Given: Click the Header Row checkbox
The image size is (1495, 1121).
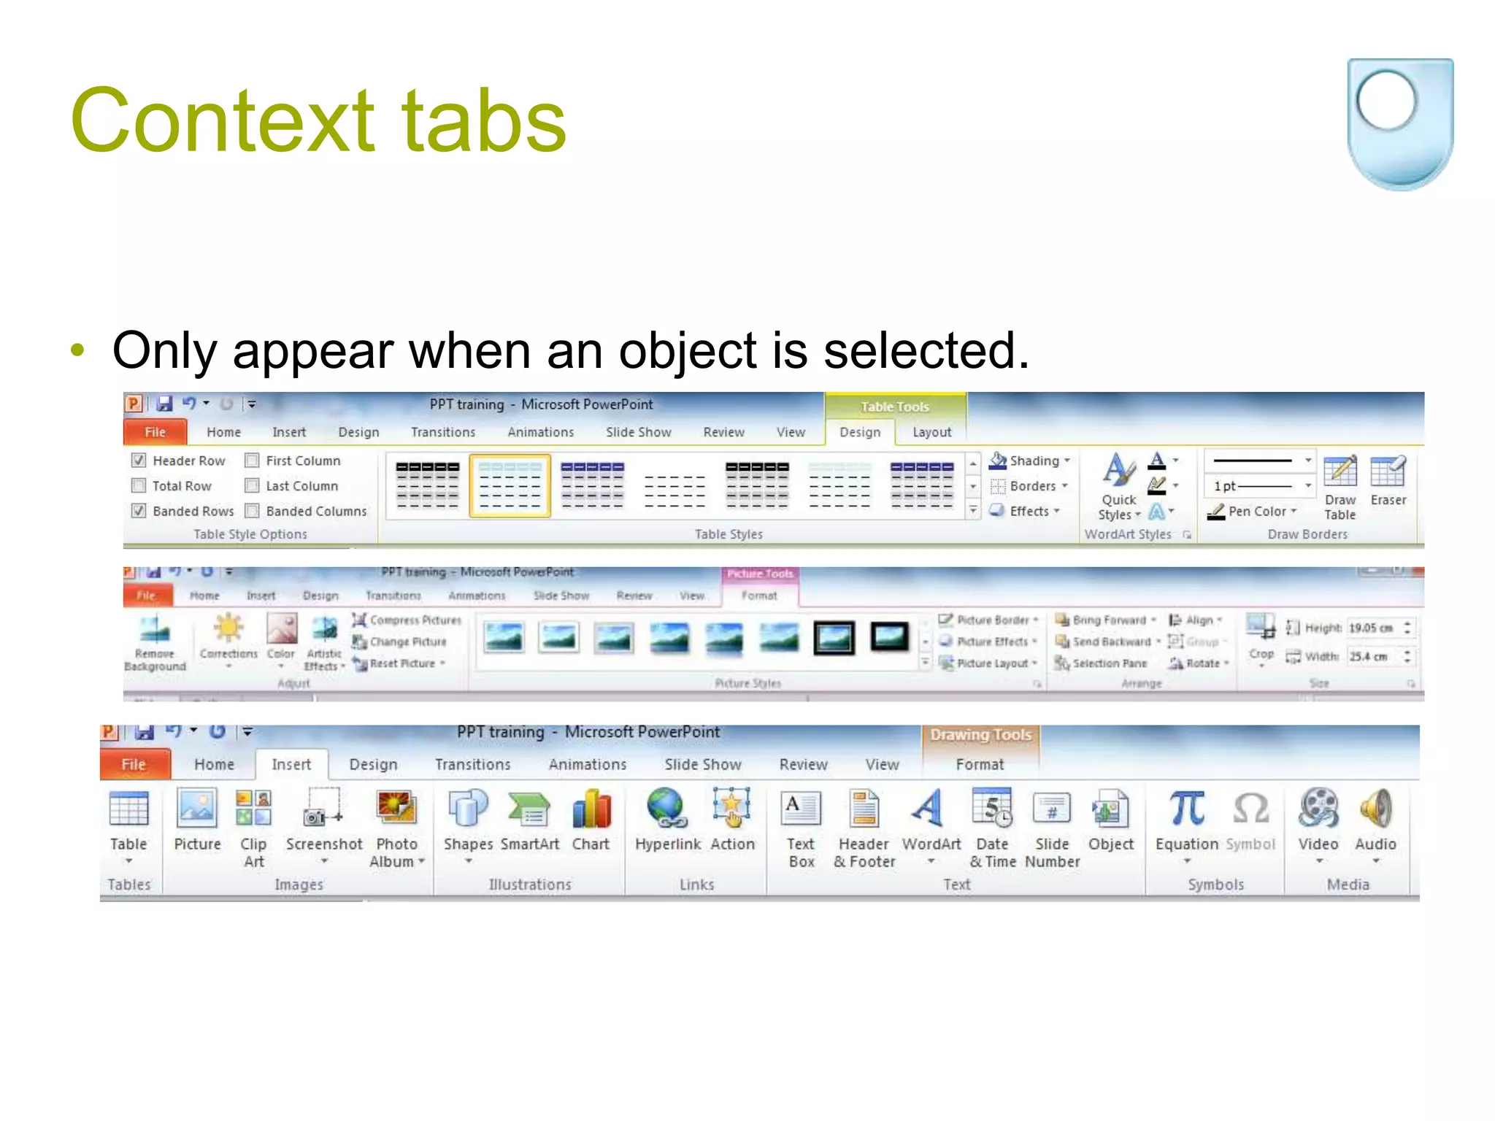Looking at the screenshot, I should point(139,461).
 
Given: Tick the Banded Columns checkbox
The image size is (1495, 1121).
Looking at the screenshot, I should point(253,511).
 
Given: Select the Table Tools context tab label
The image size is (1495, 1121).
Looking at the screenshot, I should point(894,407).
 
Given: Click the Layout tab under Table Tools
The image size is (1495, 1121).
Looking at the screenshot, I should point(931,432).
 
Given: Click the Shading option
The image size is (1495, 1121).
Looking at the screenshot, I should point(1030,461).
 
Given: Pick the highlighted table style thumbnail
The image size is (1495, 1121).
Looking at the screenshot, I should point(510,486).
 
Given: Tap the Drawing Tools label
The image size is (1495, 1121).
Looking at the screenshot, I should point(980,735).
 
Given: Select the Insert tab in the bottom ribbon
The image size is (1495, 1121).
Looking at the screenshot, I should point(291,764).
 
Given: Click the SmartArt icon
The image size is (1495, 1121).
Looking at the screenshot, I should point(529,811).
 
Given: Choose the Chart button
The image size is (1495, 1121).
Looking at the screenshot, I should point(591,811).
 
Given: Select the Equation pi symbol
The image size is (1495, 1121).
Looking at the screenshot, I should point(1186,809).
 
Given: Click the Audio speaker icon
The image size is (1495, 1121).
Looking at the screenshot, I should point(1375,809).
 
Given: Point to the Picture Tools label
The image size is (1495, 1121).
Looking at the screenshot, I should point(760,574).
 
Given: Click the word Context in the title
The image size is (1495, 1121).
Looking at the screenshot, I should point(223,120).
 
